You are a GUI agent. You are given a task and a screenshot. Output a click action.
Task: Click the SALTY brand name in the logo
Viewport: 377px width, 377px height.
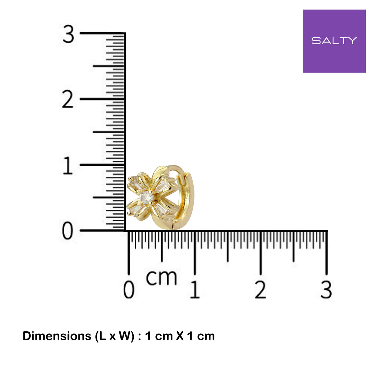pyautogui.click(x=334, y=40)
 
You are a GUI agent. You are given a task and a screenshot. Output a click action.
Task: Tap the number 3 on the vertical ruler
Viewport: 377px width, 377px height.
pyautogui.click(x=68, y=34)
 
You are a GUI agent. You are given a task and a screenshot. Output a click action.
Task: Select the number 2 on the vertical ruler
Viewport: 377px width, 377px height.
pyautogui.click(x=68, y=99)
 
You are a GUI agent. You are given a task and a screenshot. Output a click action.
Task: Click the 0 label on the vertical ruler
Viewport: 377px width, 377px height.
pyautogui.click(x=68, y=231)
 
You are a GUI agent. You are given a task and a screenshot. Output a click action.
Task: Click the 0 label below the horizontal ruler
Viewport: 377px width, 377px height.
pyautogui.click(x=129, y=289)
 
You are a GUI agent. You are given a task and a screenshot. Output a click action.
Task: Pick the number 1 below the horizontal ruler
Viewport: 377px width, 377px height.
pyautogui.click(x=195, y=289)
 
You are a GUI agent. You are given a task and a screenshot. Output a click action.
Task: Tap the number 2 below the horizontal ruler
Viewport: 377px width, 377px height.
pyautogui.click(x=260, y=289)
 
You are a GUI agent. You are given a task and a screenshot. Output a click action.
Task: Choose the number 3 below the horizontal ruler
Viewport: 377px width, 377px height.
pyautogui.click(x=326, y=289)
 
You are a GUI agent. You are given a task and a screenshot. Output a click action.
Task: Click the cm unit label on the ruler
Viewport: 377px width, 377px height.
pyautogui.click(x=161, y=278)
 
